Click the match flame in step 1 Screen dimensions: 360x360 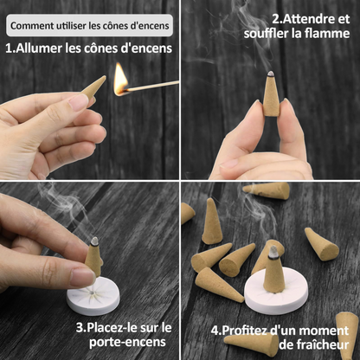pyautogui.click(x=120, y=80)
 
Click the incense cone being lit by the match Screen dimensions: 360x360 pyautogui.click(x=93, y=87)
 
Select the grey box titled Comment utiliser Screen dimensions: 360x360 pyautogui.click(x=90, y=25)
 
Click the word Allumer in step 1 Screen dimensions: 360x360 pyautogui.click(x=39, y=48)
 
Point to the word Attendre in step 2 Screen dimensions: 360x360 pyautogui.click(x=306, y=19)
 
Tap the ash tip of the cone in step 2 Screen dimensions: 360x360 pyautogui.click(x=270, y=74)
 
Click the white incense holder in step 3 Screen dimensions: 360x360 pyautogui.click(x=93, y=296)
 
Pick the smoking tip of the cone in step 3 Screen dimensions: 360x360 pyautogui.click(x=94, y=241)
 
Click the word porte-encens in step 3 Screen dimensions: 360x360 pyautogui.click(x=127, y=343)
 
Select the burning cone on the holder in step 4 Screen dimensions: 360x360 pyautogui.click(x=274, y=269)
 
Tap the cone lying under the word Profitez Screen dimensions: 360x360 pyautogui.click(x=251, y=344)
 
